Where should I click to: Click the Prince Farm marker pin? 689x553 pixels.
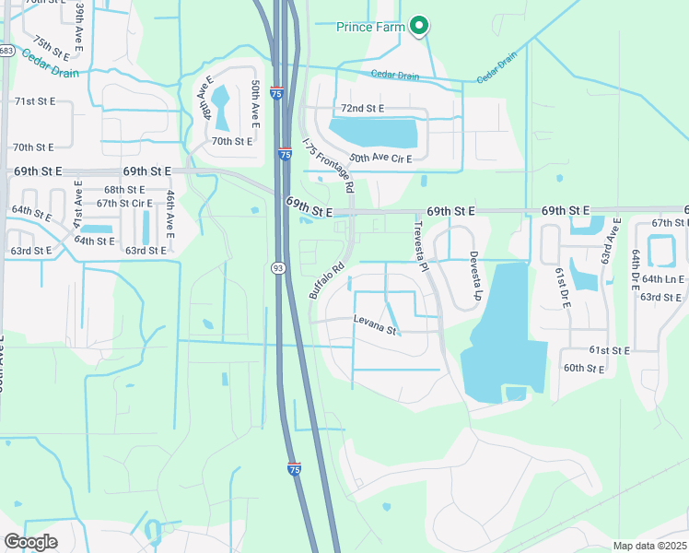coord(419,26)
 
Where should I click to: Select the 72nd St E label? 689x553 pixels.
coord(362,109)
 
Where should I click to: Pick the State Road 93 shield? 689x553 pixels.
coord(277,267)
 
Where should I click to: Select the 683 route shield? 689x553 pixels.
coord(6,51)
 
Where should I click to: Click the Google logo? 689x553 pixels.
coord(30,541)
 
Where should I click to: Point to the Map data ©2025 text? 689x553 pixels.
coord(649,546)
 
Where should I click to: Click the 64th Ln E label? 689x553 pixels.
coord(662,279)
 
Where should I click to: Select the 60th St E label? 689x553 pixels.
coord(584,369)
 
